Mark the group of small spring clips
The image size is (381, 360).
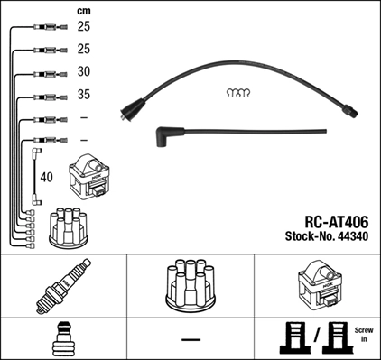[x=237, y=93]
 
